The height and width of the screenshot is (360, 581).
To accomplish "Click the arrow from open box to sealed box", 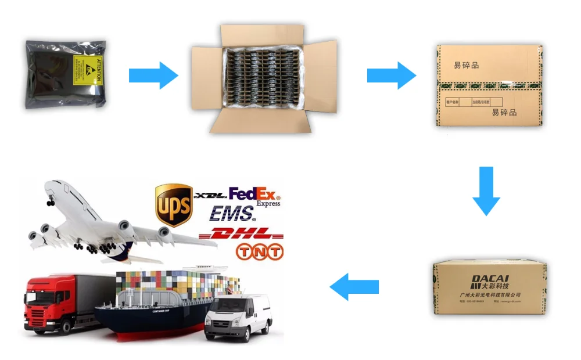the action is click(x=391, y=75).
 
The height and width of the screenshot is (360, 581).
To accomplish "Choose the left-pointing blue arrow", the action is click(x=354, y=286).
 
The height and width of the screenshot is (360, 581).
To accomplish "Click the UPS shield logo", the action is click(x=174, y=205).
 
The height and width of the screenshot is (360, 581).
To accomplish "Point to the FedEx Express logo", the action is click(x=254, y=196).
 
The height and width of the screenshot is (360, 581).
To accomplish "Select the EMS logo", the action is click(x=232, y=214).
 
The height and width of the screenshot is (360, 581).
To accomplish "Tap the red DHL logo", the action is click(x=241, y=234).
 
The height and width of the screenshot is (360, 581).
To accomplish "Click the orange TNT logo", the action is click(x=260, y=252).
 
